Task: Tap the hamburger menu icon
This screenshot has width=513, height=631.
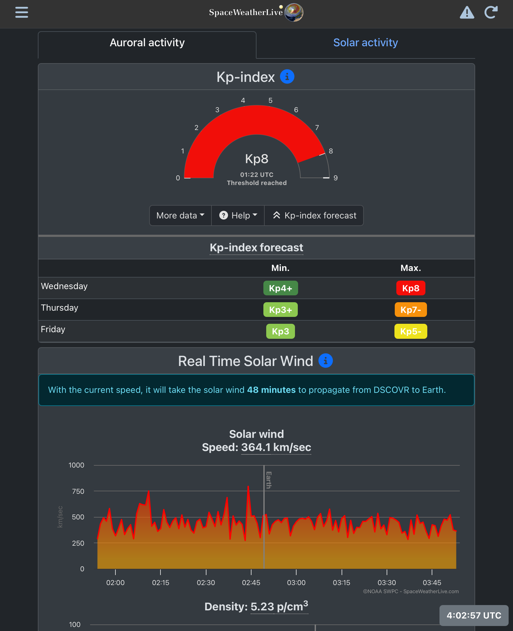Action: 22,13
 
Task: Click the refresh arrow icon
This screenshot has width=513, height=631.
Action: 491,13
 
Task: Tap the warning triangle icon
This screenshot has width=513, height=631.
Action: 467,13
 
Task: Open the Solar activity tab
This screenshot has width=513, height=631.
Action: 365,43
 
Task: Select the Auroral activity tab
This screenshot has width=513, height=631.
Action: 147,43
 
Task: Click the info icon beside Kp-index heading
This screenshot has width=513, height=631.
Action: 287,77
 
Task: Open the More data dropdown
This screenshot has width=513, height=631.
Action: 180,215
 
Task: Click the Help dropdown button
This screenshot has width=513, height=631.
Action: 238,215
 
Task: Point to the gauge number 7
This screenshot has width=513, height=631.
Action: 317,128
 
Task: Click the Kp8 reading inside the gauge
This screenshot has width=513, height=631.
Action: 256,159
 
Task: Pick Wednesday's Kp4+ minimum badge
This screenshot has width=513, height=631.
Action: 280,288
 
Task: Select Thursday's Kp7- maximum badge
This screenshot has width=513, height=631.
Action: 410,310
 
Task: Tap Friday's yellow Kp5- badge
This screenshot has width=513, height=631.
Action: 410,331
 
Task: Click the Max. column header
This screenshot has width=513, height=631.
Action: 410,268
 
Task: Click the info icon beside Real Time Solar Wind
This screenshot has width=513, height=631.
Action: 325,361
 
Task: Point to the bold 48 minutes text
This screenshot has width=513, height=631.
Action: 271,390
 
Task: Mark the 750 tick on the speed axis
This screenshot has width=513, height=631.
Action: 78,491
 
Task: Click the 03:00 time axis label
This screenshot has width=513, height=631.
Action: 296,583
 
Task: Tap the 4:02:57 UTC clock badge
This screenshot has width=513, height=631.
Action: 474,615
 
